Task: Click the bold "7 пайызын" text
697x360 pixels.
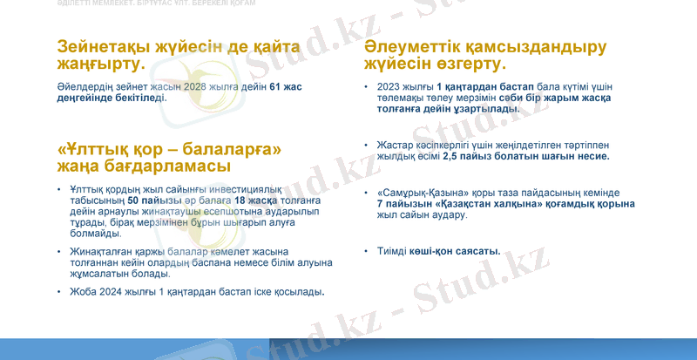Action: tap(400, 203)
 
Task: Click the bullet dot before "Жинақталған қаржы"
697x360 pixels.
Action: tap(58, 251)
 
